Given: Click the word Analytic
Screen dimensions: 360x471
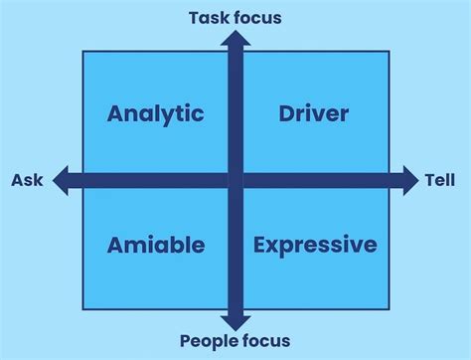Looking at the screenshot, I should point(155,113).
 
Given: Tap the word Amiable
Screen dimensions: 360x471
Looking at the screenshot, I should point(156,245).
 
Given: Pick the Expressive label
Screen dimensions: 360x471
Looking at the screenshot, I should point(315,245).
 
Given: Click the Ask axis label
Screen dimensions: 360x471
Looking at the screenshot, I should point(27,180).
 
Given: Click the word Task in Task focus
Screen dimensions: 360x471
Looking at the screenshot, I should point(206,17).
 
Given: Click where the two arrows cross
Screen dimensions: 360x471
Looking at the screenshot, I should point(235,180).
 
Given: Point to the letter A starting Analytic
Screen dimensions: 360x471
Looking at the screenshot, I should point(116,113).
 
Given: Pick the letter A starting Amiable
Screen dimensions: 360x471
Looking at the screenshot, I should point(115,245).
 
